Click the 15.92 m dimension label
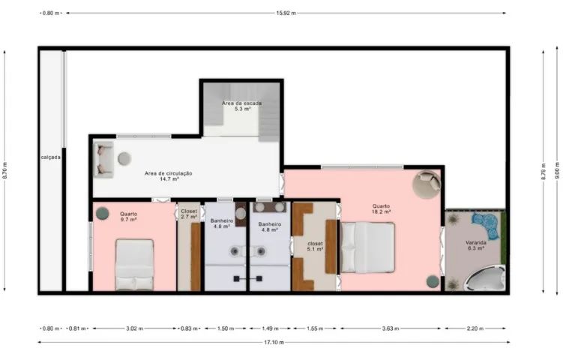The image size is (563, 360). [x=286, y=13]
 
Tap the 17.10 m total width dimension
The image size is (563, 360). [x=274, y=343]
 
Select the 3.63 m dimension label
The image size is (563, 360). [x=391, y=328]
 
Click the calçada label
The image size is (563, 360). [x=51, y=157]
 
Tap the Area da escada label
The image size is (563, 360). [x=242, y=106]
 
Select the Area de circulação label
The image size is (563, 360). [x=169, y=175]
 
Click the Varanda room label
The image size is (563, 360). [x=476, y=245]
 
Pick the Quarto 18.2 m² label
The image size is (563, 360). [x=381, y=208]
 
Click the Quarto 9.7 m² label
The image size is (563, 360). [x=128, y=216]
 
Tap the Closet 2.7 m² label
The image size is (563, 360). [x=189, y=214]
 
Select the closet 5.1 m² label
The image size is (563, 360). [x=315, y=246]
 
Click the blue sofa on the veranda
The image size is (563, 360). [x=487, y=225]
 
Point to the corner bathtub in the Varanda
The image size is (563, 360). [x=485, y=278]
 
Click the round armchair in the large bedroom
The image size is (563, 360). [x=427, y=184]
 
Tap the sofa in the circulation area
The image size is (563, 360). [x=103, y=160]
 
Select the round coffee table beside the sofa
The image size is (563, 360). [x=124, y=158]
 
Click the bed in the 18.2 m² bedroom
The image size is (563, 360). [x=367, y=247]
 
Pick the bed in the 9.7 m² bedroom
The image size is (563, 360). [x=135, y=265]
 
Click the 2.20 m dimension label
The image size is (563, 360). [x=475, y=328]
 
